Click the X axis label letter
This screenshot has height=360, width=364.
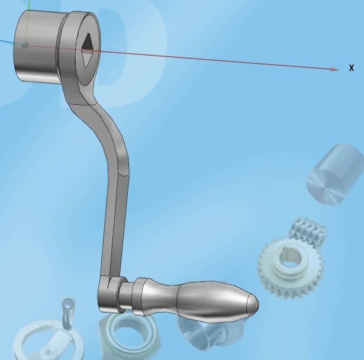[x=352, y=68]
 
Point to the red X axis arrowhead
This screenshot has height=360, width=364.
[x=334, y=69]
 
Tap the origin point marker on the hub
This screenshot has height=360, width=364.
[x=25, y=46]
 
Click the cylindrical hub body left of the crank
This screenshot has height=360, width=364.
[x=36, y=47]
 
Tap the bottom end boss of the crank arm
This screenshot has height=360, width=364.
[x=109, y=296]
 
